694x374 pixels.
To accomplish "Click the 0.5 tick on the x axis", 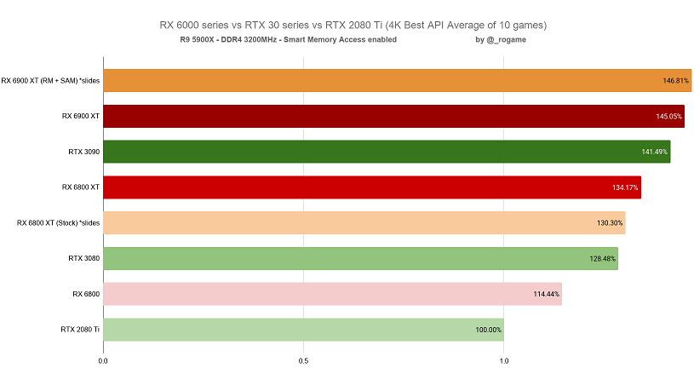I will tap(303, 360).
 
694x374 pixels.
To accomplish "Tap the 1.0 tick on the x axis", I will tap(503, 360).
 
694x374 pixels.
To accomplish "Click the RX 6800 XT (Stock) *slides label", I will tap(58, 223).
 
